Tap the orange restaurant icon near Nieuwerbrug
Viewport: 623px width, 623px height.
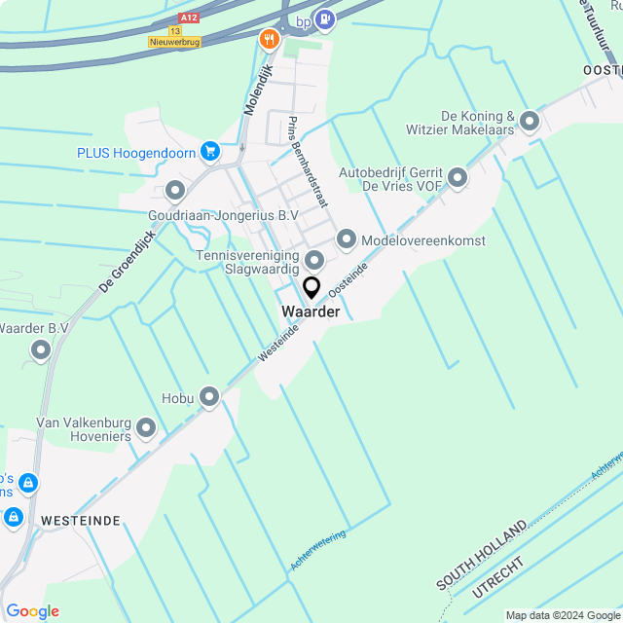269,39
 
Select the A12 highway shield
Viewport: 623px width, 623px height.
190,18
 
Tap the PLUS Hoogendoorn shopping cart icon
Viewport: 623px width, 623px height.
209,151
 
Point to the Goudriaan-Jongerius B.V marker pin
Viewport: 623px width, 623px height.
175,190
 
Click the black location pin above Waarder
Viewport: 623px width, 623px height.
311,287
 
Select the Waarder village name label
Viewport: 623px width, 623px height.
311,311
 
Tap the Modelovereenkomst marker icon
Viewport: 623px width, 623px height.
347,238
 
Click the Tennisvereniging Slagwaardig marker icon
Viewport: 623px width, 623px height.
313,260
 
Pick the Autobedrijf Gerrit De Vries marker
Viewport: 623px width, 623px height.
457,177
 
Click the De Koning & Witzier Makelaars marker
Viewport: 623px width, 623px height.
530,122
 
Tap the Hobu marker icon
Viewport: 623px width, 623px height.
209,396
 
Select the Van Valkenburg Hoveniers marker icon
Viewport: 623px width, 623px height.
146,427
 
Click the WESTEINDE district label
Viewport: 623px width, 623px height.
81,521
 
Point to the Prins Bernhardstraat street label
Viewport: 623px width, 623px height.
308,162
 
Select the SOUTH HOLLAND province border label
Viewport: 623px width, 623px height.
481,555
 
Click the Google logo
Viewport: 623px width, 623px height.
32,611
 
